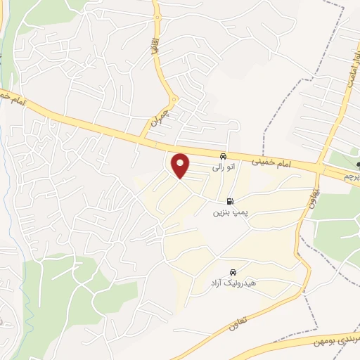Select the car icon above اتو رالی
tap(223, 156)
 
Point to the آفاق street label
tap(154, 47)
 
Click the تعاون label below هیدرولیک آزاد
tap(239, 323)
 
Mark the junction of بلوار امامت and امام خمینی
tap(323, 169)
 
